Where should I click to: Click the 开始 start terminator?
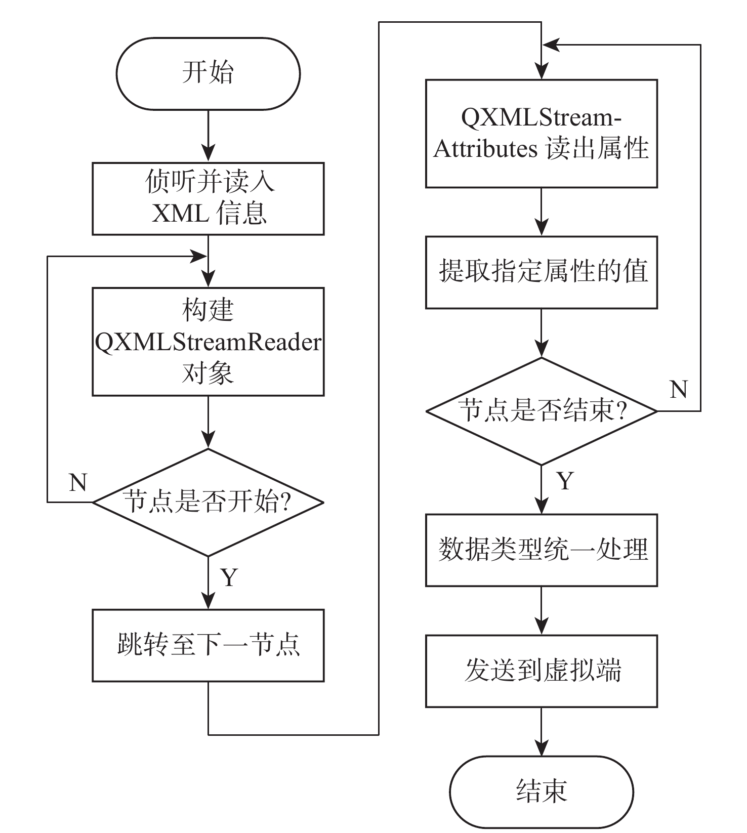click(x=208, y=73)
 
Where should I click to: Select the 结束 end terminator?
click(x=541, y=792)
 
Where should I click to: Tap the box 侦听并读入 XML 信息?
click(x=208, y=198)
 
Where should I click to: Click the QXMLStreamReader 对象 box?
click(x=208, y=342)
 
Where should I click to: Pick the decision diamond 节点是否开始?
click(x=208, y=502)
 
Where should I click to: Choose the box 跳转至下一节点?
click(x=208, y=645)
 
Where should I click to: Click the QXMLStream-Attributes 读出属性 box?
click(x=541, y=134)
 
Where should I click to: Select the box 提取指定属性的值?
click(x=541, y=272)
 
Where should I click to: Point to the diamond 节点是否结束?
click(x=541, y=410)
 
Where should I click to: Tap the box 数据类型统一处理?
click(x=541, y=550)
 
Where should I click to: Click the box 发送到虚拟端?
click(x=541, y=671)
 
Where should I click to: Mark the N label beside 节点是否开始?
click(x=78, y=483)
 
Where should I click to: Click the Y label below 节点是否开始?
click(x=229, y=577)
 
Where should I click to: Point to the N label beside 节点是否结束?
click(x=679, y=390)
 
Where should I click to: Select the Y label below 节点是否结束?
click(x=565, y=481)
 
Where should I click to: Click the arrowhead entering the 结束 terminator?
click(x=541, y=748)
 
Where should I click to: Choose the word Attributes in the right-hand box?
click(x=485, y=149)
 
